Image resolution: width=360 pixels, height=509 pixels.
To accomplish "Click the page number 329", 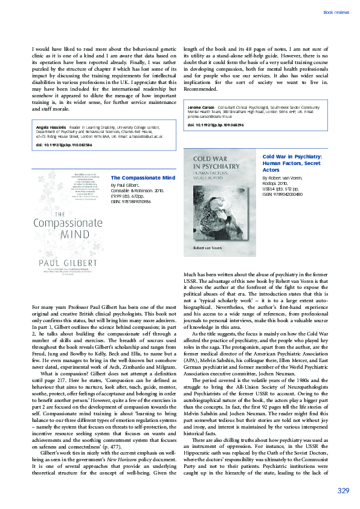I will click(342, 490).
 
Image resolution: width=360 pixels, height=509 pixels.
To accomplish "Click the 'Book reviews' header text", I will click(336, 12).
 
